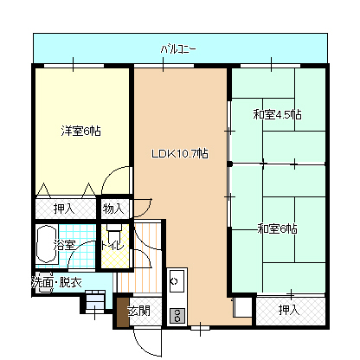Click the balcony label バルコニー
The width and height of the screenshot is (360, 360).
click(x=178, y=49)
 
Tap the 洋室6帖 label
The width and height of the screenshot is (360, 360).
click(x=80, y=131)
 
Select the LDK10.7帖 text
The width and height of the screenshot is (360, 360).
click(x=179, y=154)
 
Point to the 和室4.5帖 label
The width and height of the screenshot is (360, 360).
click(x=277, y=114)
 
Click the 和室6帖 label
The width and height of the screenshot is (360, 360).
click(x=277, y=229)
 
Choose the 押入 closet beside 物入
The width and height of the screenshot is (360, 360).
click(x=64, y=209)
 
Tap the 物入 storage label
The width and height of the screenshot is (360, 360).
click(x=114, y=209)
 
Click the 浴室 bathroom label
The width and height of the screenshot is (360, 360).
click(x=65, y=246)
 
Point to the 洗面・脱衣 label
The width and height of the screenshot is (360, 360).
click(x=57, y=283)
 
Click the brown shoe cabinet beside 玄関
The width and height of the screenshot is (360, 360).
click(x=121, y=314)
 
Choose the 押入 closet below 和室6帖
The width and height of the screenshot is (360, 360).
click(x=289, y=309)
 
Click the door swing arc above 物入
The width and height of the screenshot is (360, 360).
click(x=112, y=186)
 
